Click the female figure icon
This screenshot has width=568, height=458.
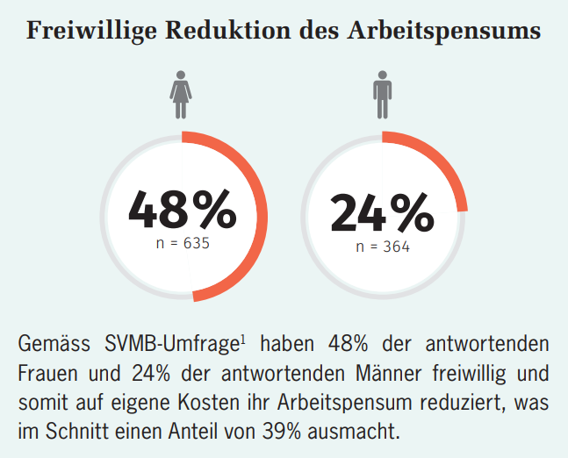[182, 96]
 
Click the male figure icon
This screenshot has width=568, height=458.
[383, 96]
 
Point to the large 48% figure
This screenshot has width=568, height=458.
[182, 209]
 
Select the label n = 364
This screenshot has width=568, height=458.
[383, 247]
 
